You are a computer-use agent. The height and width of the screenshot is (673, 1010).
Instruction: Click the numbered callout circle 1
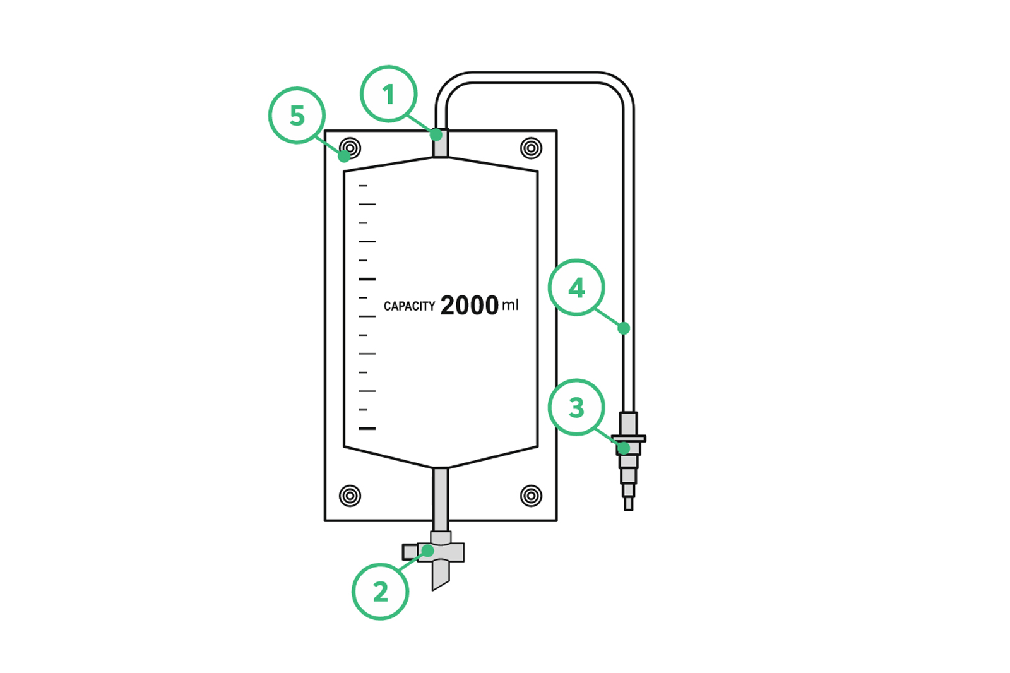coord(389,94)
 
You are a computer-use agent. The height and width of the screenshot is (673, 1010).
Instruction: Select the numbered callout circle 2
coord(380,592)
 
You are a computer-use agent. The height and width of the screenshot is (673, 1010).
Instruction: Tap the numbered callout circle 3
coord(576,407)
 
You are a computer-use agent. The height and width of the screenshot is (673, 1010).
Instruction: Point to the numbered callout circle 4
coord(576,287)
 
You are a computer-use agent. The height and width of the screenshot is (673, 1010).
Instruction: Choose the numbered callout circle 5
coord(297,116)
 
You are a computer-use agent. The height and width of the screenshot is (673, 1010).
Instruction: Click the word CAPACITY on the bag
coord(410,306)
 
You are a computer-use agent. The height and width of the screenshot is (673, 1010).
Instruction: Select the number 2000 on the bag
coord(470,306)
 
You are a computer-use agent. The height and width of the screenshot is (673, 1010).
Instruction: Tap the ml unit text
coord(511,306)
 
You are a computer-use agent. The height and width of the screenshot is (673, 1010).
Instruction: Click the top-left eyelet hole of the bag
coord(350,148)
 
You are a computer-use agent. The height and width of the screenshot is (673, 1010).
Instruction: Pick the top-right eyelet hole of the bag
coord(531,148)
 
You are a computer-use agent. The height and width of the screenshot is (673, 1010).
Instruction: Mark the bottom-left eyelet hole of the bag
coord(350,496)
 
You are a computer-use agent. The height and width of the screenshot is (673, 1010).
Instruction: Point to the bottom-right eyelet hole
coord(531,496)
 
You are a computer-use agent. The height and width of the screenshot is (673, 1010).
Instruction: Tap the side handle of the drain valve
coord(410,552)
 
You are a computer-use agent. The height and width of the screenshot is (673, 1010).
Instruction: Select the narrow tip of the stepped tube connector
coord(629,504)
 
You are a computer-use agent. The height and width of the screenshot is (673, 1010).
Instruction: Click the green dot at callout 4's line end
coord(624,328)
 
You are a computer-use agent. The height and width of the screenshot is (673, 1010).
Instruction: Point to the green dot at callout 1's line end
coord(436,134)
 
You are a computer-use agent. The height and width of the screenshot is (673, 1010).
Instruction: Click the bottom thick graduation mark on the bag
coord(367,428)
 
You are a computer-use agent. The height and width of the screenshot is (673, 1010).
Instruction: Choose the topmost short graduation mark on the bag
coord(363,186)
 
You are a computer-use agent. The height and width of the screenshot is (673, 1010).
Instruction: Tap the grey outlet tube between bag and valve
coord(441,500)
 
